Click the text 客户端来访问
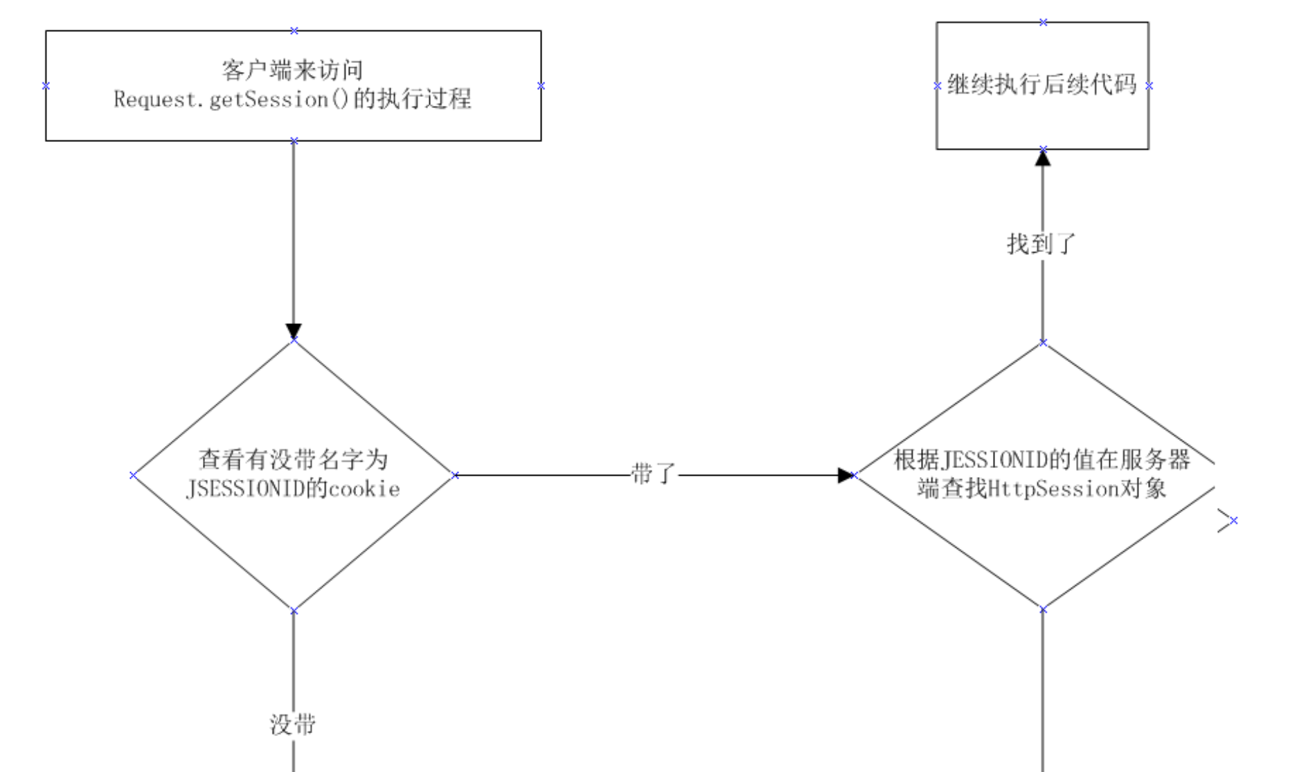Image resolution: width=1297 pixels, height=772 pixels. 292,71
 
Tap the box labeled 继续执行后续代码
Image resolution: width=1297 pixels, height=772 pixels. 1042,85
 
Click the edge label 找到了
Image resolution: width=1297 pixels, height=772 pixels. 1041,244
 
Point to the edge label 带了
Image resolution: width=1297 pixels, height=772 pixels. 653,474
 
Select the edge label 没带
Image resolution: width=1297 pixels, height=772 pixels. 293,725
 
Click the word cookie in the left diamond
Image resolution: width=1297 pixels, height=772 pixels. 364,490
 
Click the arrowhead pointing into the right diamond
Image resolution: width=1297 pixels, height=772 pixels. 845,476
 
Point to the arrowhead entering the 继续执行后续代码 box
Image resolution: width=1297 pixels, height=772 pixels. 1043,159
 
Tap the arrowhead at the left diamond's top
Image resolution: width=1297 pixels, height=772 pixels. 294,331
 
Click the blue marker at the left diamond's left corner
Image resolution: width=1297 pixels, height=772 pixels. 133,475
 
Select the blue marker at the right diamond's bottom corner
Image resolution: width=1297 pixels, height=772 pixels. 1043,609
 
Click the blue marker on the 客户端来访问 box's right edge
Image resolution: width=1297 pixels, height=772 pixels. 541,86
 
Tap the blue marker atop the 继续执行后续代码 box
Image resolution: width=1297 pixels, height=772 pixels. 1043,22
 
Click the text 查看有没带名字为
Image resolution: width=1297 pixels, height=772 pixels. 293,460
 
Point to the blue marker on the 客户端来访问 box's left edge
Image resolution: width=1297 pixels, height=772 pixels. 46,86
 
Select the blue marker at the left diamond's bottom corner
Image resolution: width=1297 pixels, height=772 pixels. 294,611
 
